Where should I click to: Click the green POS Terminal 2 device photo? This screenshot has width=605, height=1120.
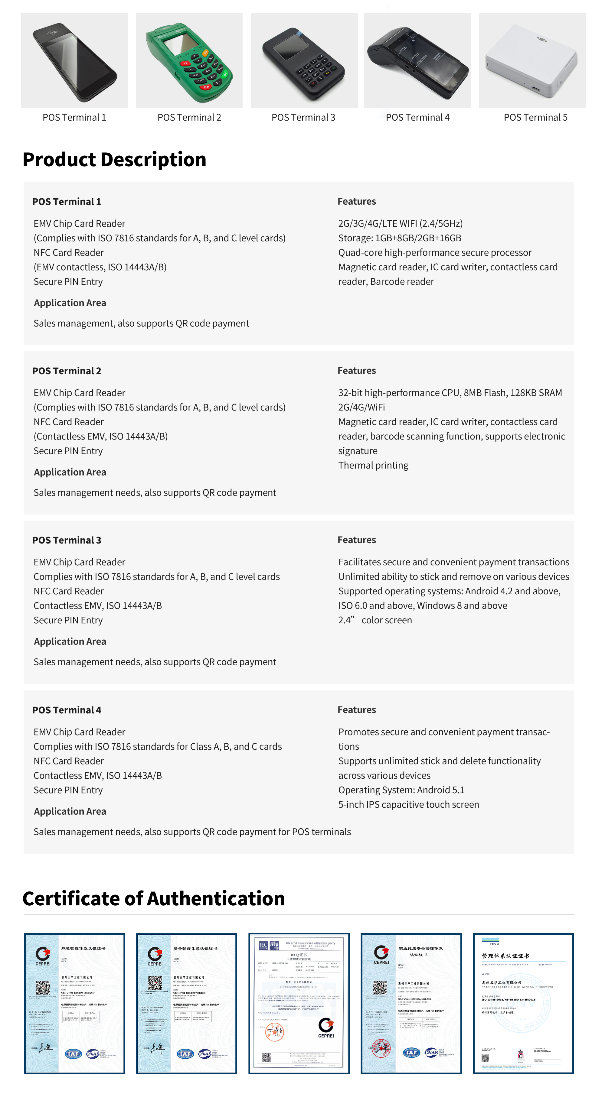click(x=189, y=61)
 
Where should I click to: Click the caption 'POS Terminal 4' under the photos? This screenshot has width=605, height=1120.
click(x=417, y=117)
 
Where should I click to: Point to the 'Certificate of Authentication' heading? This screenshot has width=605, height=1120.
click(x=154, y=898)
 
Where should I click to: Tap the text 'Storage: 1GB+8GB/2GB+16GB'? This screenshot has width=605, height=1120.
click(x=400, y=238)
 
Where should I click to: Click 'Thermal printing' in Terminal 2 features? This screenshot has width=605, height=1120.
click(x=373, y=465)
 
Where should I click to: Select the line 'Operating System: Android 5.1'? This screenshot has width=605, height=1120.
click(x=401, y=790)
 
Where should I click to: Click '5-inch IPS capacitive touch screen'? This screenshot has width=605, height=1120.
click(x=408, y=804)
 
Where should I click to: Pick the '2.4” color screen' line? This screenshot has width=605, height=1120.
click(x=375, y=620)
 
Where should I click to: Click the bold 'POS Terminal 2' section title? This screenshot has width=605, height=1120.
click(x=67, y=371)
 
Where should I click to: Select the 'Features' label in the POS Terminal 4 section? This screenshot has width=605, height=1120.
click(x=357, y=709)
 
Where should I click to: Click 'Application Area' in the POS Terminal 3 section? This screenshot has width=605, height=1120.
click(x=70, y=641)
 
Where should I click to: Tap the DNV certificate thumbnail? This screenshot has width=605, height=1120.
click(x=523, y=1004)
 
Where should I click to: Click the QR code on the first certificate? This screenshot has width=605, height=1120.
click(x=43, y=987)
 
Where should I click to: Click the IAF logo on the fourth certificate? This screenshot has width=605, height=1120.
click(x=411, y=1052)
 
